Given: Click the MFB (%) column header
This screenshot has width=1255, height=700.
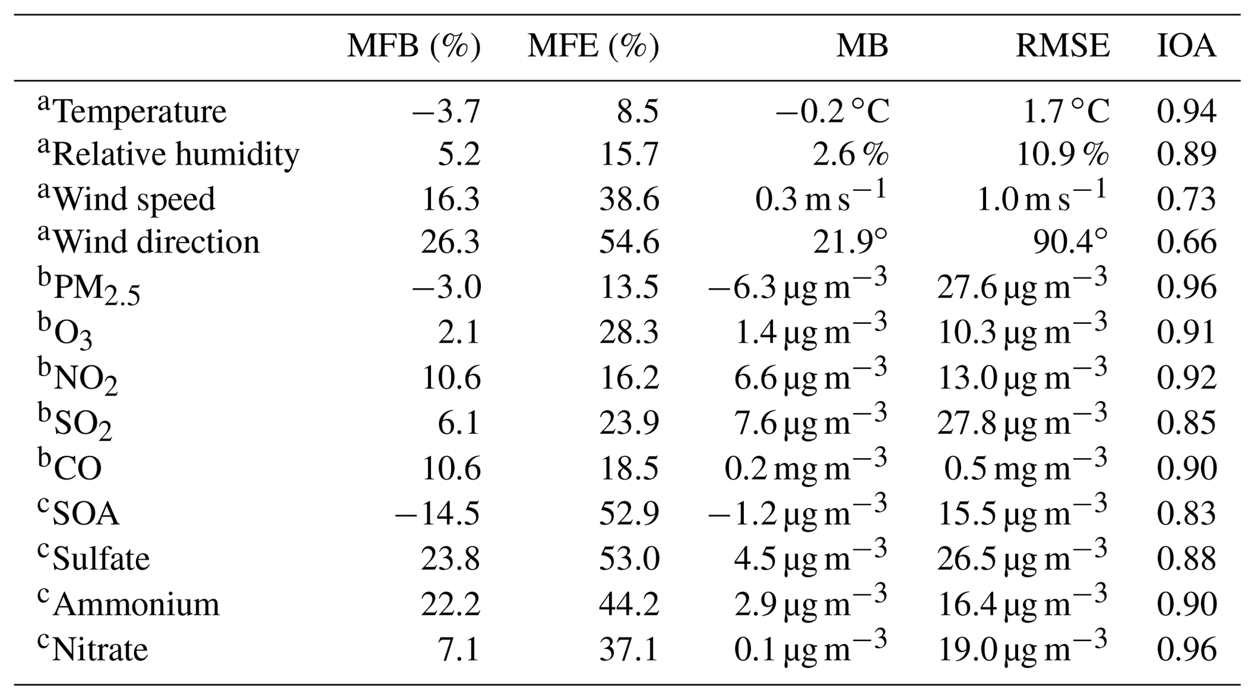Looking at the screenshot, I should point(413,46).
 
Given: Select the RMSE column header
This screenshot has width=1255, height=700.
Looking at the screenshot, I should point(1063,46).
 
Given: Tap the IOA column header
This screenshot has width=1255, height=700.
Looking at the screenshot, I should point(1186,46).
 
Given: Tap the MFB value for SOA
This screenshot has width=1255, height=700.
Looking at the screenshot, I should point(438,513).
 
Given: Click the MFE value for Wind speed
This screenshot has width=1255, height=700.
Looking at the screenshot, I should point(629,199).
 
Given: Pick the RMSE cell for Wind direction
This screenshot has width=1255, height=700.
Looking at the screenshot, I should point(1070,242).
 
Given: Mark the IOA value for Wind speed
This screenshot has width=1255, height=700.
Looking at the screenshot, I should point(1186,199).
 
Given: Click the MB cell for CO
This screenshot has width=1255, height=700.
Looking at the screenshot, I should point(806,468).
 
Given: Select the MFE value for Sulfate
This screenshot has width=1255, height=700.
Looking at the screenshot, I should point(629,559).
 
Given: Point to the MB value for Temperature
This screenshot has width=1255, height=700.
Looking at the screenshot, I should point(832,111).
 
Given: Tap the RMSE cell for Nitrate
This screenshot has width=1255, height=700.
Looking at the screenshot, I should point(1022,649).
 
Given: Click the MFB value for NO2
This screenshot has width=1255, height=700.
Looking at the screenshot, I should point(451,378).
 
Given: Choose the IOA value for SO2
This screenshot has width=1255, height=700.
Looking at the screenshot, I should point(1186,423).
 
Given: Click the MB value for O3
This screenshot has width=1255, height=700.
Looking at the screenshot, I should point(811,332).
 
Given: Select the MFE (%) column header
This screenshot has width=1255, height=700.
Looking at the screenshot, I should point(593,46).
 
